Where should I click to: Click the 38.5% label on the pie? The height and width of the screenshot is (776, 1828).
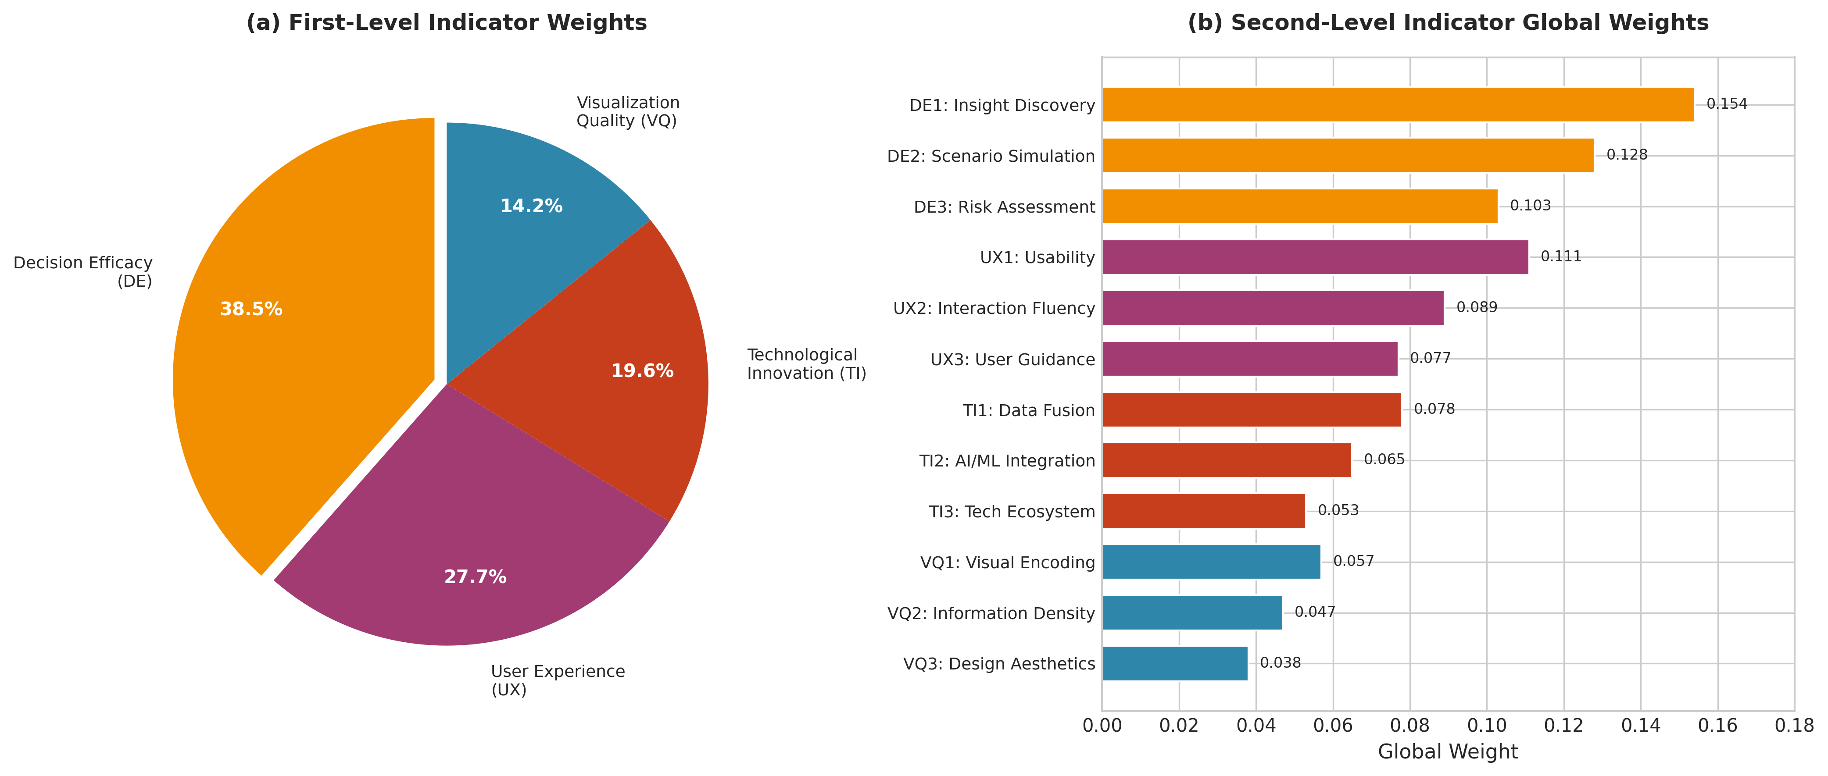coord(251,309)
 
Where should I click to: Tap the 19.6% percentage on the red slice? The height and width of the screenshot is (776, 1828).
coord(642,371)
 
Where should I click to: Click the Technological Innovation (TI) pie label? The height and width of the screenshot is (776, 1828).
coord(806,364)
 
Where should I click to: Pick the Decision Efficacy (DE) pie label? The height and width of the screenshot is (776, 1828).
coord(83,272)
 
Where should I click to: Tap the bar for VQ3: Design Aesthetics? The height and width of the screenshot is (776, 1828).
coord(1174,663)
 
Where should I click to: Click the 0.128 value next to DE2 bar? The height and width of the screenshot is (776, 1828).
coord(1627,155)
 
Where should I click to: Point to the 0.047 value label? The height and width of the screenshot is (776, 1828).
coord(1314,612)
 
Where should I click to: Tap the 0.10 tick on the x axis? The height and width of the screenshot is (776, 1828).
coord(1487,726)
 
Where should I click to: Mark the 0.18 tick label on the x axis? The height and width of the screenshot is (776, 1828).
coord(1794,726)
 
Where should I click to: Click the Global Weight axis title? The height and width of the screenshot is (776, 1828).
coord(1448,752)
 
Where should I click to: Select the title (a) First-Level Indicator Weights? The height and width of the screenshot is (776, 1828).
coord(446,23)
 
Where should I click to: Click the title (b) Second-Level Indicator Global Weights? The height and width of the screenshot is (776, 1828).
coord(1448,23)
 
